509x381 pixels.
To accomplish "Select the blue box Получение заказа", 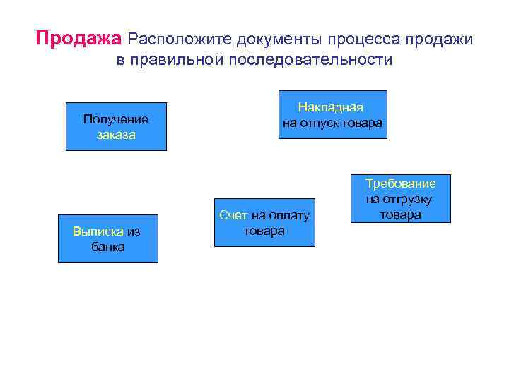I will click(x=116, y=127).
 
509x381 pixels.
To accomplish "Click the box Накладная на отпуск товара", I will click(x=332, y=115).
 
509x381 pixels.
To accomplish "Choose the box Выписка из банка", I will click(x=107, y=238).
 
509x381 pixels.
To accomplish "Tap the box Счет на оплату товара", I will click(x=264, y=223).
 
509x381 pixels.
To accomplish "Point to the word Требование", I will click(x=400, y=183).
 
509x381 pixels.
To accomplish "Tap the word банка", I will click(x=107, y=247).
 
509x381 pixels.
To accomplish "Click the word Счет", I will click(x=233, y=215).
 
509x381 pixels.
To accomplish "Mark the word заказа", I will click(x=116, y=135).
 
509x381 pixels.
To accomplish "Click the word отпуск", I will click(x=321, y=123).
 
